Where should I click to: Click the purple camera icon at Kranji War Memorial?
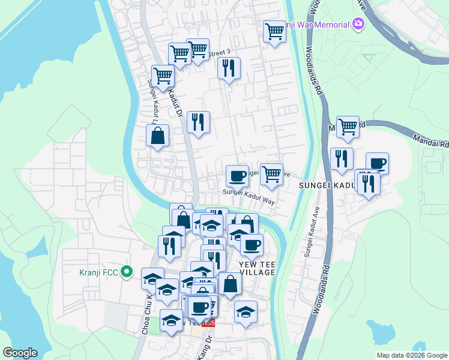(358, 24)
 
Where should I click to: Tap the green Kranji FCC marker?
(126, 272)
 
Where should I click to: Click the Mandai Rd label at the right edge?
(431, 141)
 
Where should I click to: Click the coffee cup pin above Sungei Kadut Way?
(237, 175)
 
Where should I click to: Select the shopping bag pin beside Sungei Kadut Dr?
(157, 135)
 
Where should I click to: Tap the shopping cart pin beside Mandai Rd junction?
(348, 127)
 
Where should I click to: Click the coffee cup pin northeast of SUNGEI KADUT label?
(377, 163)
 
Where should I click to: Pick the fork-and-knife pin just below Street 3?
(229, 68)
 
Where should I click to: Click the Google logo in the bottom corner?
(20, 353)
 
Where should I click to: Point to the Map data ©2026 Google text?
(411, 355)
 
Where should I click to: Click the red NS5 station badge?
(208, 323)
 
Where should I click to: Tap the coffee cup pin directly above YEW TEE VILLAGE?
(252, 244)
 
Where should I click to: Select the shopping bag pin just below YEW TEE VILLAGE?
(230, 284)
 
